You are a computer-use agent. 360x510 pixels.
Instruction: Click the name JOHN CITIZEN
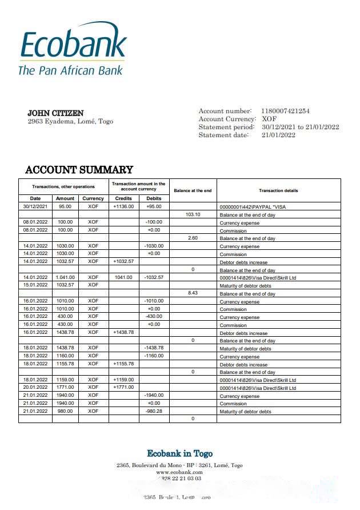(55, 113)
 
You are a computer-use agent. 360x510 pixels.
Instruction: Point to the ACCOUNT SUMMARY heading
(79, 170)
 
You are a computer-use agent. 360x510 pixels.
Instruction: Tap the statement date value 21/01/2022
(278, 135)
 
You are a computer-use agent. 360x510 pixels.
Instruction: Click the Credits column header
(123, 198)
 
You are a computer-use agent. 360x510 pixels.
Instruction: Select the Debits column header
(154, 198)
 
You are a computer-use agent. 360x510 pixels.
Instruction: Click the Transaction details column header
(278, 190)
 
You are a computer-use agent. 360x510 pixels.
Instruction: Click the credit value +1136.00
(123, 206)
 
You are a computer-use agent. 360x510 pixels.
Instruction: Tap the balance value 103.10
(193, 214)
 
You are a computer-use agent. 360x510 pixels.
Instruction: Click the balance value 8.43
(193, 293)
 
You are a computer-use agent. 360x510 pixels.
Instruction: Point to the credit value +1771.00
(123, 388)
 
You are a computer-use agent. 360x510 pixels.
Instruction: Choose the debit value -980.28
(154, 411)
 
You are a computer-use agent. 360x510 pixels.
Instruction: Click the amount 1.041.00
(65, 277)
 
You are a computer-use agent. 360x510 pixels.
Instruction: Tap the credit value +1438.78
(123, 332)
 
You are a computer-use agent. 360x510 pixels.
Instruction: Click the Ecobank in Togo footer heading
(179, 453)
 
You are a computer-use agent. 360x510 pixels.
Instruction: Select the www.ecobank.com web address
(179, 472)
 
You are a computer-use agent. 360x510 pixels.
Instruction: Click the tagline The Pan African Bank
(70, 71)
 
